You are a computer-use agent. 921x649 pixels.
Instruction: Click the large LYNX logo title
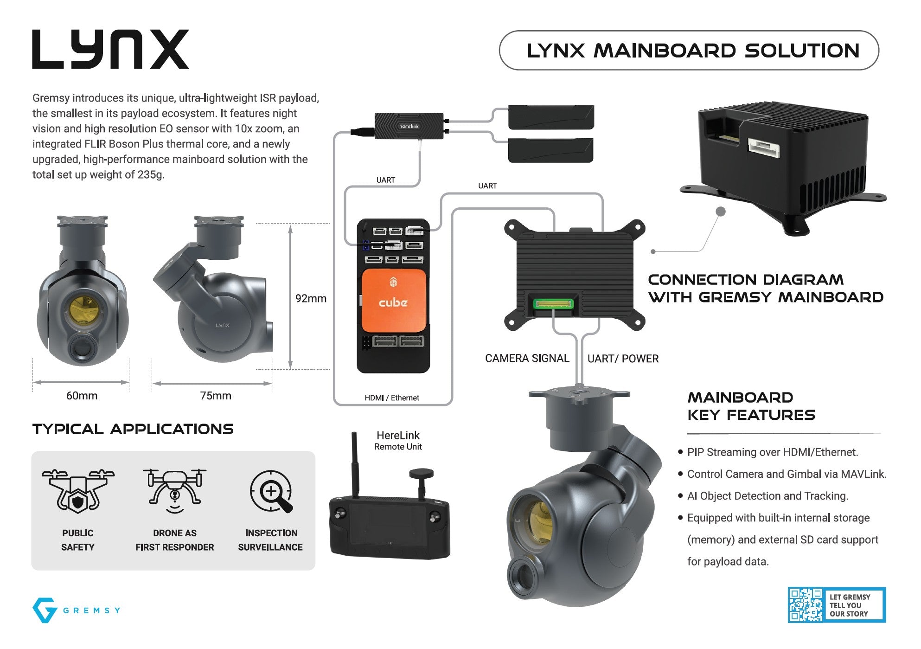click(110, 50)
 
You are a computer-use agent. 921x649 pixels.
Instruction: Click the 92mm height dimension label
click(311, 298)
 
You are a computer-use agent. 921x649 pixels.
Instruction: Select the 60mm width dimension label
click(82, 396)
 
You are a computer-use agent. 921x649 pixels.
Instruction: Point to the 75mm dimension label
click(215, 396)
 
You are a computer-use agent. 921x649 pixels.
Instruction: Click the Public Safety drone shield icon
click(78, 491)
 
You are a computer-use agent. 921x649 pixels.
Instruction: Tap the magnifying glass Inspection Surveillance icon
click(271, 492)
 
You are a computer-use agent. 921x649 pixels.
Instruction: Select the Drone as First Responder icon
click(175, 491)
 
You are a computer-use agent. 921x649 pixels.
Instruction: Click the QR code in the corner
click(806, 605)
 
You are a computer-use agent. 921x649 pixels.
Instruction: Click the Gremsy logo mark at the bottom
click(45, 610)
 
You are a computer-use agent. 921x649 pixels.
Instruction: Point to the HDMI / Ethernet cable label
click(391, 398)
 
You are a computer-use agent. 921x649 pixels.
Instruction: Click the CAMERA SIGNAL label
click(527, 358)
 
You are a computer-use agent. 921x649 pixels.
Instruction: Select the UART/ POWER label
click(623, 359)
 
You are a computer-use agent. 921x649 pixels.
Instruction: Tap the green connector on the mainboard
click(553, 304)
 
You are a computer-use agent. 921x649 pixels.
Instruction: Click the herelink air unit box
click(409, 126)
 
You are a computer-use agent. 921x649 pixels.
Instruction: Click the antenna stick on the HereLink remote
click(355, 464)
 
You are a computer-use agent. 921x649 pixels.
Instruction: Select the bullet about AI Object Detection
click(767, 496)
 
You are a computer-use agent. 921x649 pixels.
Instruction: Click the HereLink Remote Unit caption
click(398, 440)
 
